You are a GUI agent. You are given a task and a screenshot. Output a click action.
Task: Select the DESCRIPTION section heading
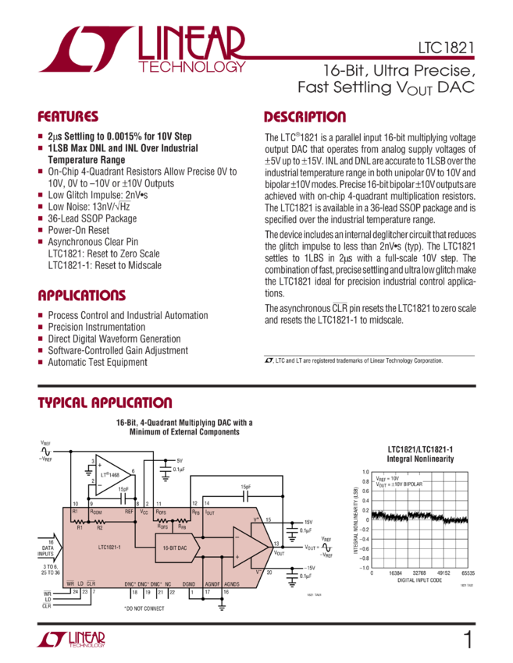pos(305,118)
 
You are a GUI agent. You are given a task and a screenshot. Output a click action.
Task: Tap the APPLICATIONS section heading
pos(82,296)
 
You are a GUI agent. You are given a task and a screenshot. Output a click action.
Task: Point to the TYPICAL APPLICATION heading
pos(105,402)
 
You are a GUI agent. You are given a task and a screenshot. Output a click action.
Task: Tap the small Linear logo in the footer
pos(70,640)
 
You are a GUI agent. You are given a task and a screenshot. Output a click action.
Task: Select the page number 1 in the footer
pos(468,640)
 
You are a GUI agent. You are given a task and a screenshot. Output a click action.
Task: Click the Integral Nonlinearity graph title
pos(421,454)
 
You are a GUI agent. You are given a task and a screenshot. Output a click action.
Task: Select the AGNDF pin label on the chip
pos(212,583)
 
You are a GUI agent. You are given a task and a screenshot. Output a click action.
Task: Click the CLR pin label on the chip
pos(91,583)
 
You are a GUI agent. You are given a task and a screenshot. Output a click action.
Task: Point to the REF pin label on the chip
pos(129,512)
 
